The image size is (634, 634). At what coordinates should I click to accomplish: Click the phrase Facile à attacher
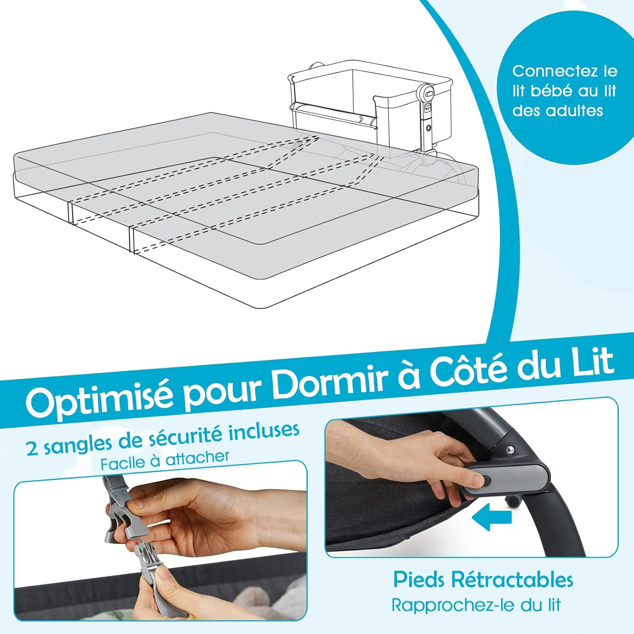pos(165,461)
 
